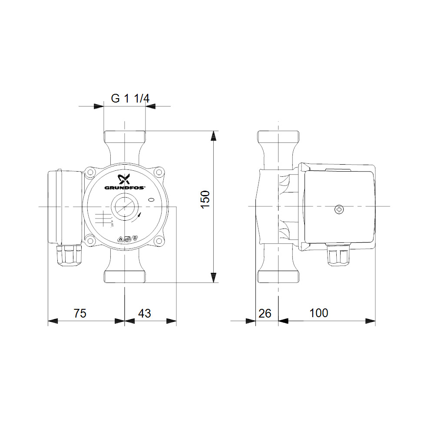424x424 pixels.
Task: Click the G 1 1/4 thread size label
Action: (130, 99)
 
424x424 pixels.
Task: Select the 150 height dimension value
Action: (206, 199)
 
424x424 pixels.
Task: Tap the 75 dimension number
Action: (80, 313)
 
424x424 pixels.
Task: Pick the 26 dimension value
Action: (265, 313)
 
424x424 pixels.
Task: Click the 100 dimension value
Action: (319, 313)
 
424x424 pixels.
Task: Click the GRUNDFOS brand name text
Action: (125, 188)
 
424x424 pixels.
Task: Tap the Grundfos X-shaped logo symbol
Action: (125, 179)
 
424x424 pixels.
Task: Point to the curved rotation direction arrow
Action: (139, 216)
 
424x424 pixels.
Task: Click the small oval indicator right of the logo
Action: (152, 200)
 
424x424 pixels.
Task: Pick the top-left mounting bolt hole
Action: (91, 172)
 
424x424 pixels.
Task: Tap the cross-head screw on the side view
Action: (339, 210)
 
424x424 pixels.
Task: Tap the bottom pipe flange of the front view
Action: (125, 277)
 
